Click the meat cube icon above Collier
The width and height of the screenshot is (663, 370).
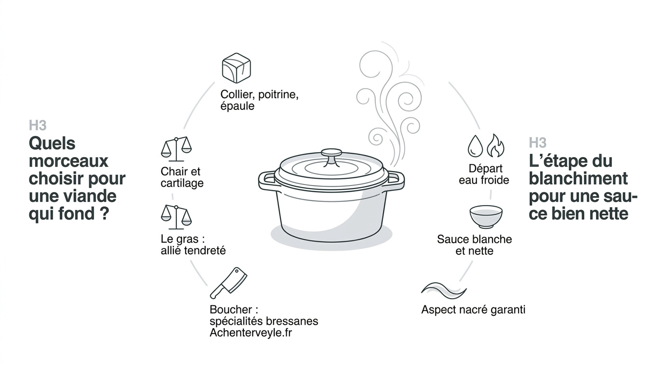tap(236, 68)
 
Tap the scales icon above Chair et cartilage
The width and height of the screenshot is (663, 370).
tap(176, 149)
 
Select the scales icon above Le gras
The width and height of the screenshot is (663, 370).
tap(176, 217)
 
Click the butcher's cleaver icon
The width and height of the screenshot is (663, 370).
tap(228, 283)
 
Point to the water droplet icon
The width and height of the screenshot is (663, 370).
tap(475, 146)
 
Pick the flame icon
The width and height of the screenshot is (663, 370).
tap(495, 145)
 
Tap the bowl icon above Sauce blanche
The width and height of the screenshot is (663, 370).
tap(486, 217)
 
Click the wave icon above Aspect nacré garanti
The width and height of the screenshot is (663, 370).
tap(443, 291)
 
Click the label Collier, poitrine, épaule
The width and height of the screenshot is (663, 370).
tap(259, 100)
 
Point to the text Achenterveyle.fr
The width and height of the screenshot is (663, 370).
tap(251, 333)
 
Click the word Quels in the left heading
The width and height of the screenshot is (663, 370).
tap(52, 144)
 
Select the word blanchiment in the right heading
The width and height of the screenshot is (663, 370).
tap(578, 178)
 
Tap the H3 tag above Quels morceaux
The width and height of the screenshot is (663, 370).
tap(38, 126)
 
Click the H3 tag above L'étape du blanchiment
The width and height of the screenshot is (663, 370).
tap(538, 143)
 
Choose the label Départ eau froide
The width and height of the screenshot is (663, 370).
tap(484, 174)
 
